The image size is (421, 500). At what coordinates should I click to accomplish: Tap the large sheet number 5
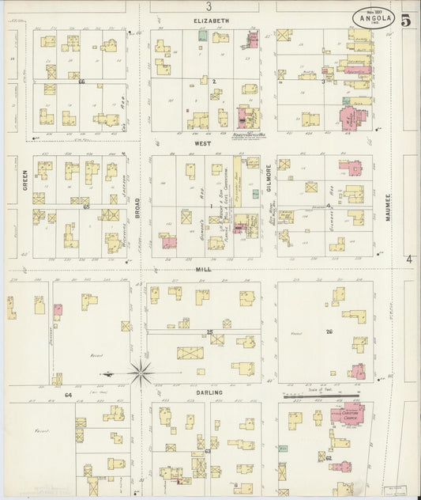click(405, 21)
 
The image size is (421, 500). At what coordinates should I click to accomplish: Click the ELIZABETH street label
click(211, 20)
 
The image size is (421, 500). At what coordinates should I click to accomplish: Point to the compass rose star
click(141, 370)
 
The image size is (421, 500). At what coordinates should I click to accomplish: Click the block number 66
click(81, 81)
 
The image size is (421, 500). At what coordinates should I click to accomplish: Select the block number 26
click(329, 331)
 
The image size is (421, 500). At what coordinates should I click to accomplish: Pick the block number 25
click(209, 331)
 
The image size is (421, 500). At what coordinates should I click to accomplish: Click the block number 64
click(69, 393)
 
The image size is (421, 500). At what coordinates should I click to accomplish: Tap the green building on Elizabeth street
click(203, 36)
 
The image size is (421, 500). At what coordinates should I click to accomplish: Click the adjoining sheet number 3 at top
click(209, 6)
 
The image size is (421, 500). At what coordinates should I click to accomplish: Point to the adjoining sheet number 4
click(409, 259)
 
